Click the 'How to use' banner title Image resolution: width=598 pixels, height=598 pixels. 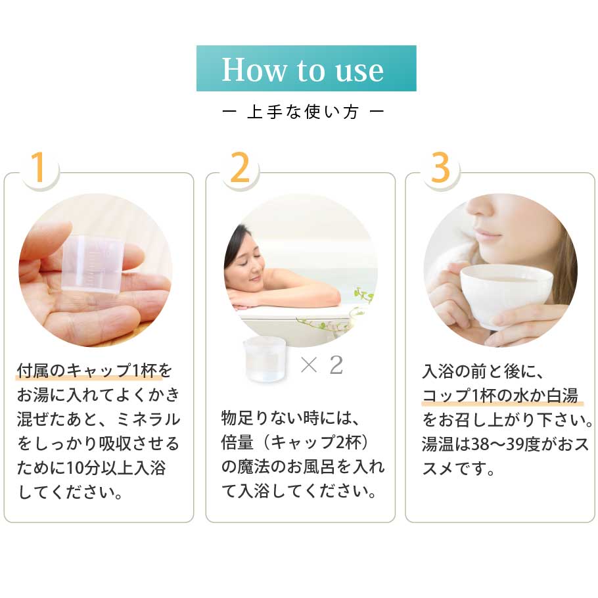tap(302, 70)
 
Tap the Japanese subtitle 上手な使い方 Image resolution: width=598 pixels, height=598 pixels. tap(303, 112)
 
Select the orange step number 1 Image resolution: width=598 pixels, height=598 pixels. tap(39, 167)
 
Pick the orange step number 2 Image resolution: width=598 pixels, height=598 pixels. tap(241, 167)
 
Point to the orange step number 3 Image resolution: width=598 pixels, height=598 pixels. tap(440, 167)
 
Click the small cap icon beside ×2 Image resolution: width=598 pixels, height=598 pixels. tap(264, 359)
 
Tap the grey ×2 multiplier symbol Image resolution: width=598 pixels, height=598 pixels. tap(321, 365)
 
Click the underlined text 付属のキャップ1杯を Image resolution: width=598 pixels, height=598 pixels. tap(94, 371)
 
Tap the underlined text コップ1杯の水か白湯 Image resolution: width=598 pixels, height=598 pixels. tap(500, 396)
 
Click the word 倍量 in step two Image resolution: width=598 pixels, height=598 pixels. tap(237, 442)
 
